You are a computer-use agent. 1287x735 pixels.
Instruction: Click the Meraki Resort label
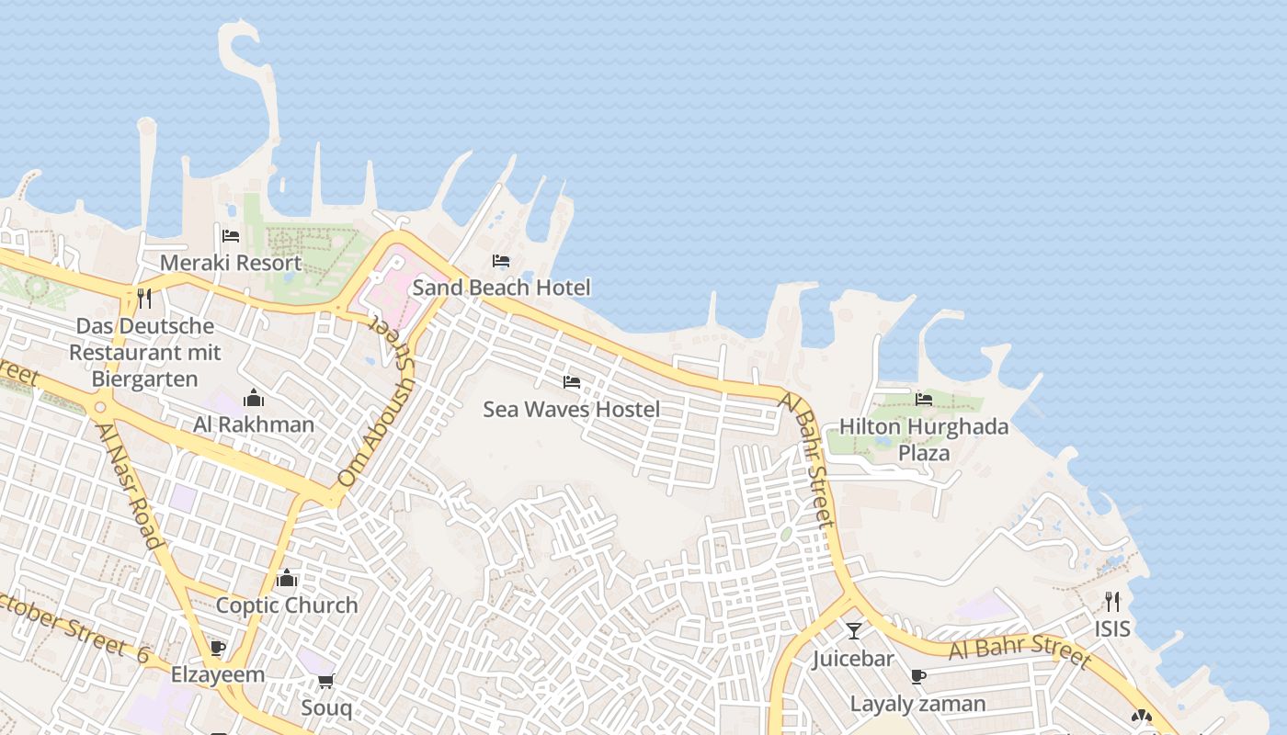(x=230, y=263)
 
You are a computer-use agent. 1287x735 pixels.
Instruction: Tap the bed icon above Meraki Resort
(x=231, y=237)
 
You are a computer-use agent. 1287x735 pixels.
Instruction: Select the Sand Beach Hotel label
(x=501, y=288)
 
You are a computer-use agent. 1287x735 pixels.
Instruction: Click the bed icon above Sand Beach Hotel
(x=501, y=261)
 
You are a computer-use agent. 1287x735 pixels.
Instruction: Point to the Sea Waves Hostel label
(x=571, y=409)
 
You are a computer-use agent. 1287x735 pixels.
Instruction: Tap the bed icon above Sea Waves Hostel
(x=572, y=382)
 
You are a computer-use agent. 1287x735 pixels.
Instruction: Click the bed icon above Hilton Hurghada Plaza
(x=924, y=399)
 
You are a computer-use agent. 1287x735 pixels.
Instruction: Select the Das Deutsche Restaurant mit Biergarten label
(x=145, y=353)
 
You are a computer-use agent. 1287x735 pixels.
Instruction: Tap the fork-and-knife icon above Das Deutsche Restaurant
(x=143, y=298)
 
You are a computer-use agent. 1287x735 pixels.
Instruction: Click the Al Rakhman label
(x=254, y=424)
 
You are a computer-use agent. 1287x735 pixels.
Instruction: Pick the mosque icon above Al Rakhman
(x=254, y=398)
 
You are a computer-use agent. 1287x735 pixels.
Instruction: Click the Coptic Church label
(x=287, y=605)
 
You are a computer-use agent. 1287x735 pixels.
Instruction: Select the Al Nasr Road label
(x=129, y=486)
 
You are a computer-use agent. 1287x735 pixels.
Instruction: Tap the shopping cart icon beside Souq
(x=325, y=682)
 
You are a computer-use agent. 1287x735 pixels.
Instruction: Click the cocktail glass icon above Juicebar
(x=854, y=631)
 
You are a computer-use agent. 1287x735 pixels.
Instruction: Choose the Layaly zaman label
(x=917, y=705)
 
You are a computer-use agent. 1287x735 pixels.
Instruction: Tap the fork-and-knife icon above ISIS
(x=1112, y=602)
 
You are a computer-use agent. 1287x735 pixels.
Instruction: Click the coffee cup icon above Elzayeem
(x=218, y=648)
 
